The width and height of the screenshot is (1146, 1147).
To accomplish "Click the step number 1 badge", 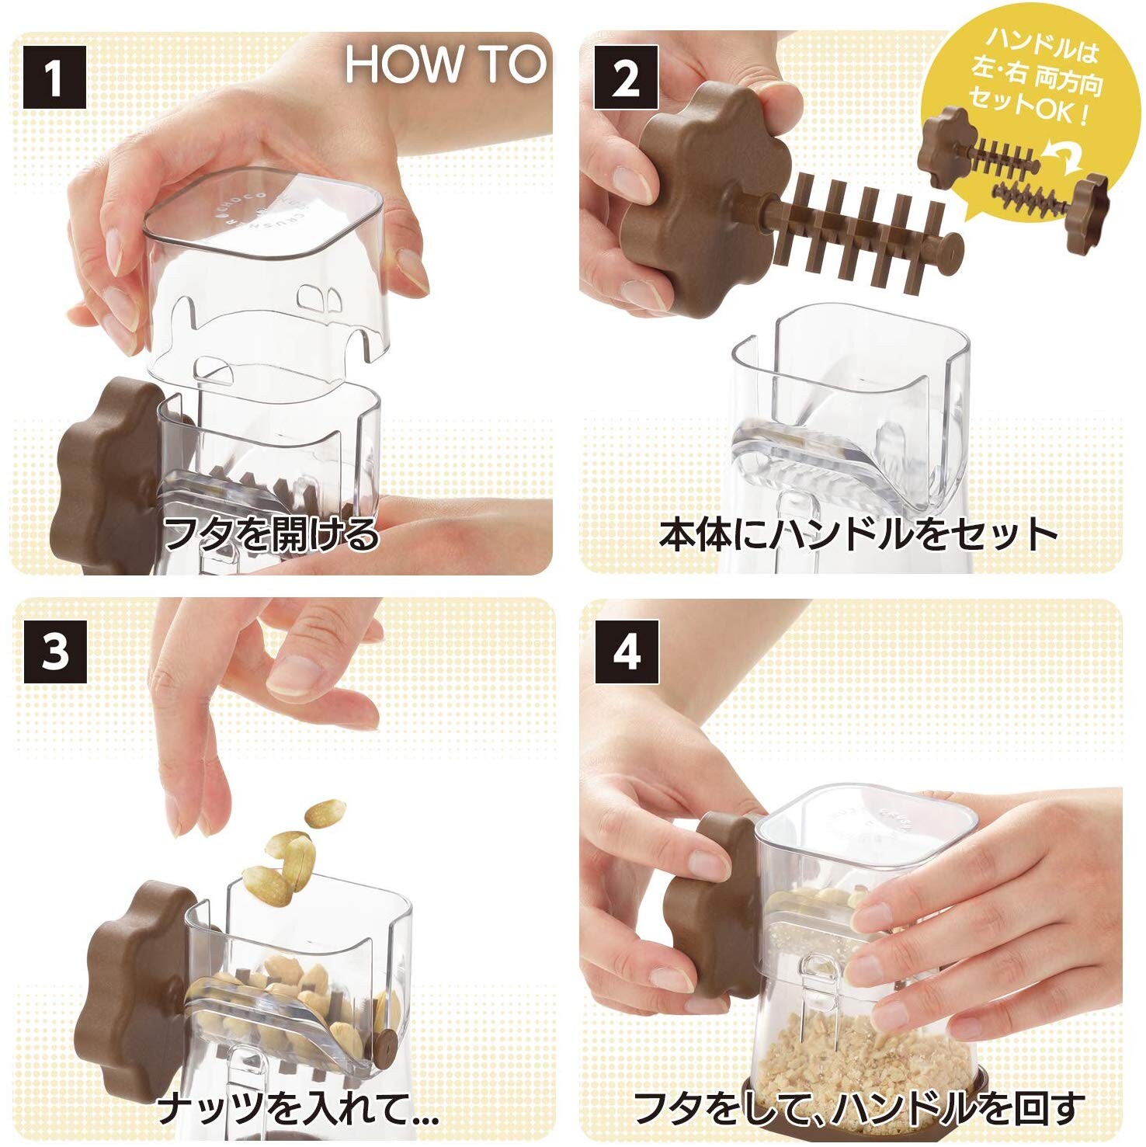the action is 54,77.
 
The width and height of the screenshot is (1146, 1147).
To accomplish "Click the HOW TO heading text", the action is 446,64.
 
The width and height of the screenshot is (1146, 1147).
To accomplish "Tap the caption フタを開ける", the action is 271,534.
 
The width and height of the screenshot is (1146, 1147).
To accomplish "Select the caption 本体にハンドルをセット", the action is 859,534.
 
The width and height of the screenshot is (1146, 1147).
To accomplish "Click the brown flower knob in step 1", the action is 109,474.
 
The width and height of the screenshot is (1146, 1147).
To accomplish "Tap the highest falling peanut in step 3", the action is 325,813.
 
